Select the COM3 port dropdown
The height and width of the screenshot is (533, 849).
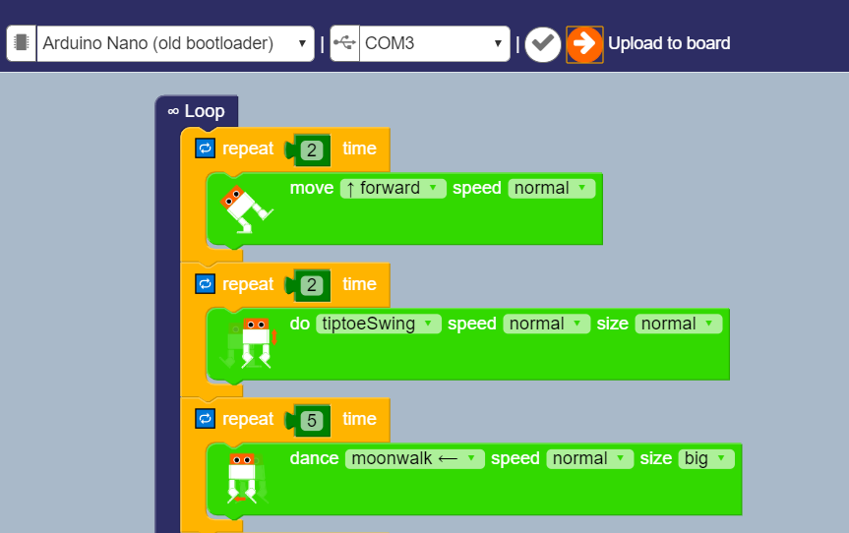(x=433, y=44)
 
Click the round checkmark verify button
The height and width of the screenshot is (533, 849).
(x=542, y=44)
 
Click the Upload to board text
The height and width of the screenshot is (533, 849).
(x=669, y=44)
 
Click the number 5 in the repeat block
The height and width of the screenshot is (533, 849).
(x=312, y=420)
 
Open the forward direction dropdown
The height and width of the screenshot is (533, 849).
(x=393, y=189)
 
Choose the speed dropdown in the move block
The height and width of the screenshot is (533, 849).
(x=551, y=189)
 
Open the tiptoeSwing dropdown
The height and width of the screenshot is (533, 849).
(x=378, y=325)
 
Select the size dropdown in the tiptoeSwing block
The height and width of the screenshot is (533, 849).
(x=678, y=325)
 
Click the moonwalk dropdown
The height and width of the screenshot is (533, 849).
(x=414, y=459)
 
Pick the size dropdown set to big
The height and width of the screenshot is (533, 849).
(x=705, y=459)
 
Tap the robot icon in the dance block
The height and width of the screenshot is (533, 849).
(x=243, y=477)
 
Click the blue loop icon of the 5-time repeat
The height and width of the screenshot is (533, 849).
(x=205, y=419)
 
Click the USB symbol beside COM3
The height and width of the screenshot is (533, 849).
(x=344, y=44)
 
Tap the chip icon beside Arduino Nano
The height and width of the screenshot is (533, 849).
(x=22, y=44)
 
